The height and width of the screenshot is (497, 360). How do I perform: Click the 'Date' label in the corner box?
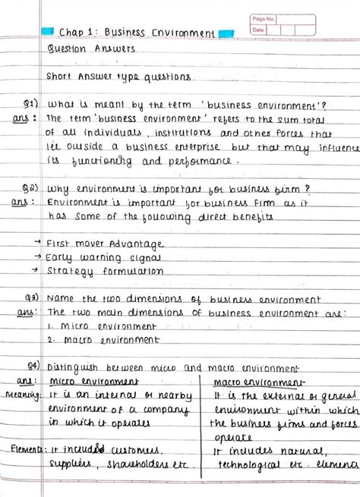258,30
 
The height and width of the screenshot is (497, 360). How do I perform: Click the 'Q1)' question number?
31,103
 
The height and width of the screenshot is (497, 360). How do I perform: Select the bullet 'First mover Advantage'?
104,244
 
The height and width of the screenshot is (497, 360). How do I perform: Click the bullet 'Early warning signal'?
99,257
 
